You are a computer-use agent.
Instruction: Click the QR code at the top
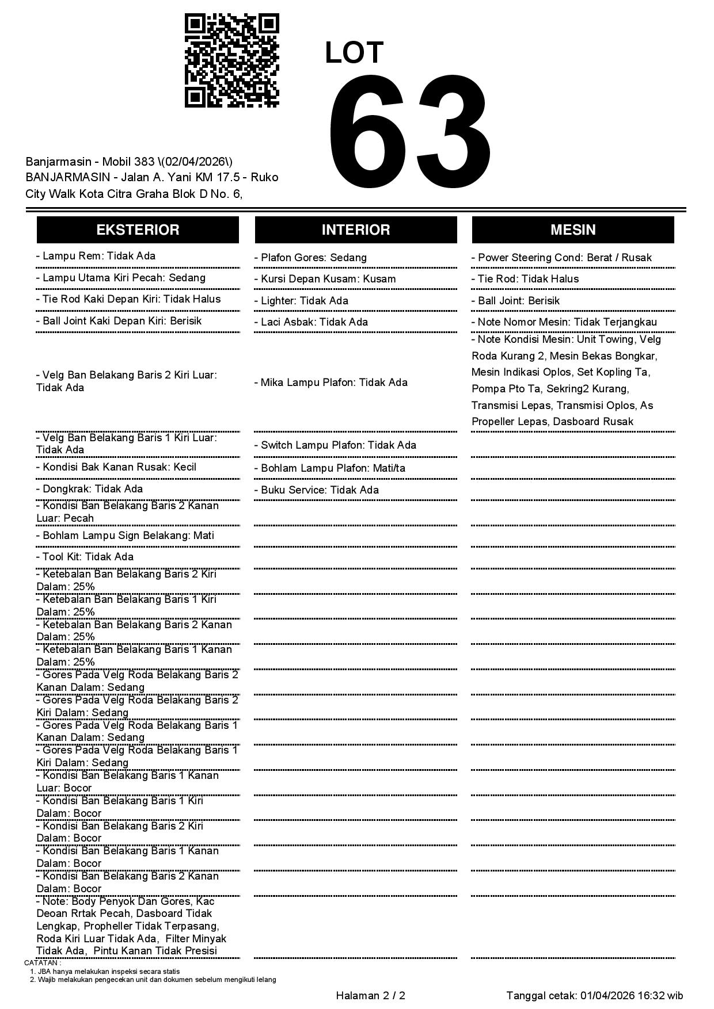tap(231, 60)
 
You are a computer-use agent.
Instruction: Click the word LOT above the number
tap(354, 52)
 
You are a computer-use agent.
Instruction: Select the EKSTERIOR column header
tap(138, 230)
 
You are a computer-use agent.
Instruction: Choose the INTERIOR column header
tap(356, 230)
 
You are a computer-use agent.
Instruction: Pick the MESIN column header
tap(573, 230)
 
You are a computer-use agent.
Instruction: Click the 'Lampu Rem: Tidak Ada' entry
tap(96, 256)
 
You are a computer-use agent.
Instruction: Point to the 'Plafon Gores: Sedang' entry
tap(310, 257)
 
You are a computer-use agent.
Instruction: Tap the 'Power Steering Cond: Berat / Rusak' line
tap(561, 257)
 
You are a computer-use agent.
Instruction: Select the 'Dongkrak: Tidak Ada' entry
tap(89, 488)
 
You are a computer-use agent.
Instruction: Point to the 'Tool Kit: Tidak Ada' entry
tap(85, 556)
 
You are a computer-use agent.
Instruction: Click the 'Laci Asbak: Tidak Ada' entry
tap(311, 322)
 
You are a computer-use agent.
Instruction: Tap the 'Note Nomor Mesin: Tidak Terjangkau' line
tap(564, 322)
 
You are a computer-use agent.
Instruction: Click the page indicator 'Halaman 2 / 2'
tap(370, 995)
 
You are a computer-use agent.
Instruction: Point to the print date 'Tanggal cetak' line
tap(595, 995)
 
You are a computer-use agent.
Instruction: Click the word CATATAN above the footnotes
tap(42, 962)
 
